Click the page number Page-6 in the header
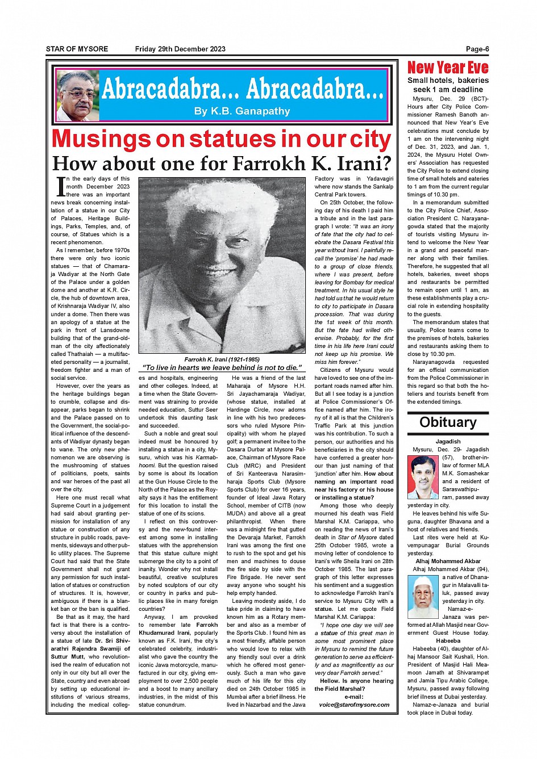pyautogui.click(x=477, y=49)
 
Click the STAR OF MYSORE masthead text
pyautogui.click(x=77, y=49)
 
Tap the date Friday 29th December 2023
pyautogui.click(x=180, y=49)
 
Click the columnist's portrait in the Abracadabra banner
pyautogui.click(x=77, y=95)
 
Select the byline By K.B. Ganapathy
pyautogui.click(x=242, y=111)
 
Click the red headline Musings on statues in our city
pyautogui.click(x=221, y=140)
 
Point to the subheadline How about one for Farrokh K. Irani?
pyautogui.click(x=222, y=164)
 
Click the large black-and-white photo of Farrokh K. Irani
pyautogui.click(x=221, y=266)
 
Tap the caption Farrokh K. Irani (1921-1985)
pyautogui.click(x=222, y=359)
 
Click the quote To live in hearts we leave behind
pyautogui.click(x=221, y=367)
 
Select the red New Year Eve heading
pyautogui.click(x=448, y=68)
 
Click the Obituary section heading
pyautogui.click(x=448, y=422)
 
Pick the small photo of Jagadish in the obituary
pyautogui.click(x=423, y=477)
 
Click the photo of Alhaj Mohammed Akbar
pyautogui.click(x=423, y=597)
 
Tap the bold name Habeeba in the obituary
pyautogui.click(x=448, y=641)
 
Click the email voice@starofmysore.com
pyautogui.click(x=354, y=705)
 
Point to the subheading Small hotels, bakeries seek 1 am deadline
pyautogui.click(x=448, y=85)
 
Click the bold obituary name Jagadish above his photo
pyautogui.click(x=448, y=441)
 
